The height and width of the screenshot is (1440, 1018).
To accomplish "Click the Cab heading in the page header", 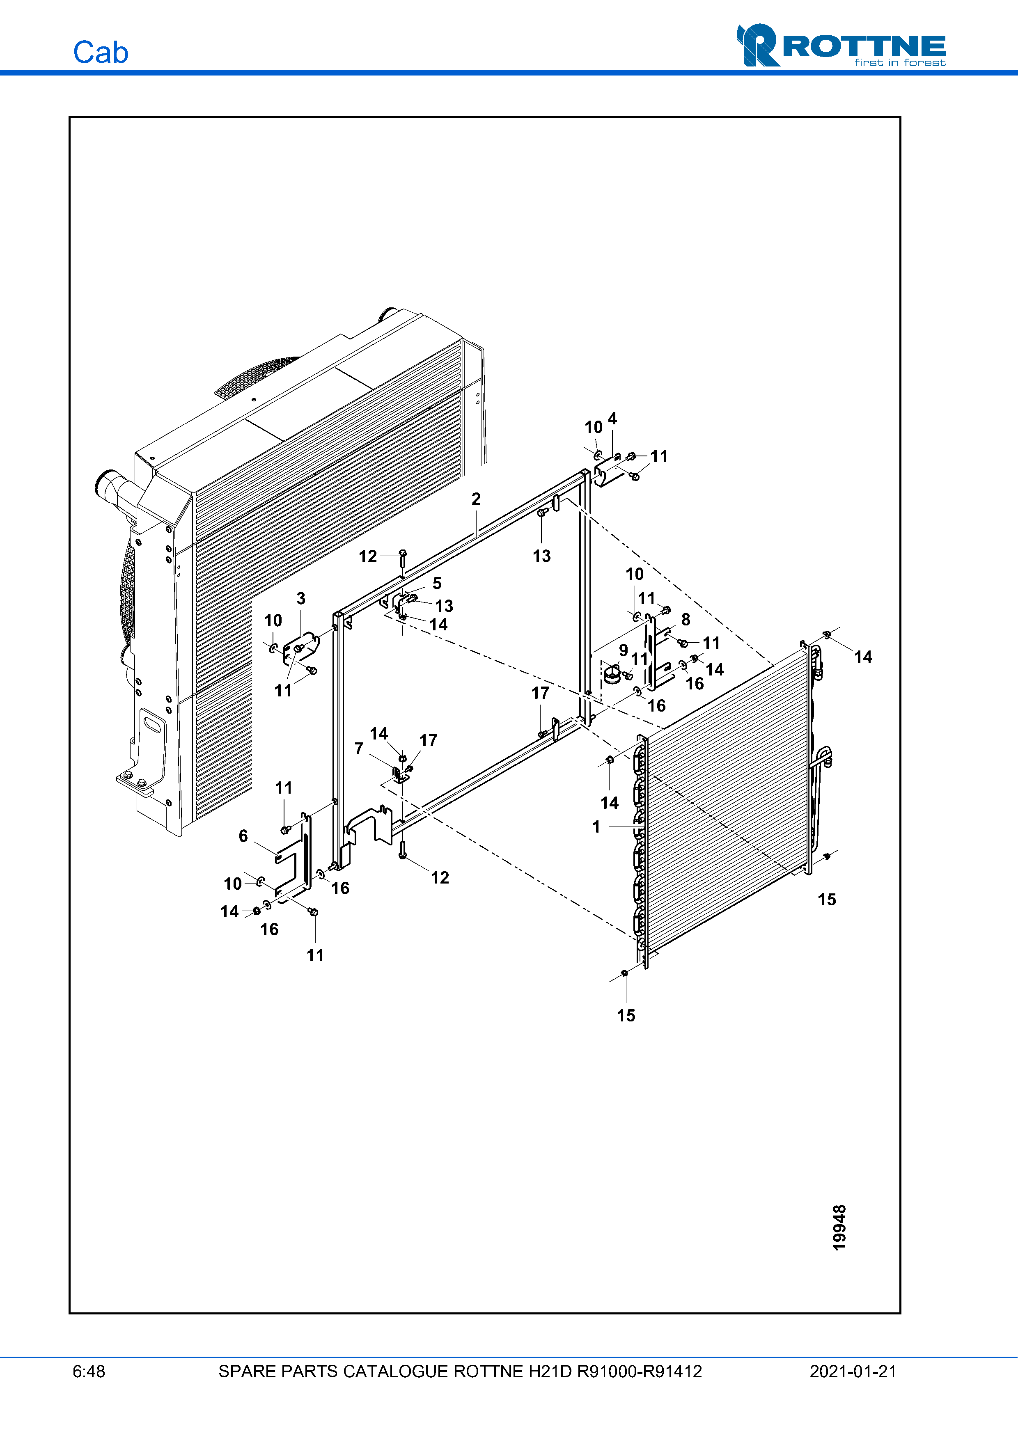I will (100, 53).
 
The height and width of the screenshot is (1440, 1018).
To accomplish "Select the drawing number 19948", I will (839, 1227).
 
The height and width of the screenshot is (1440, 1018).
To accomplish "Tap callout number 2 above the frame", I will (476, 499).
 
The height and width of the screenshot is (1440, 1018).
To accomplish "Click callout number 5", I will (437, 583).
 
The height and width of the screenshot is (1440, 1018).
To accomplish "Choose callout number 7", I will (359, 748).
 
